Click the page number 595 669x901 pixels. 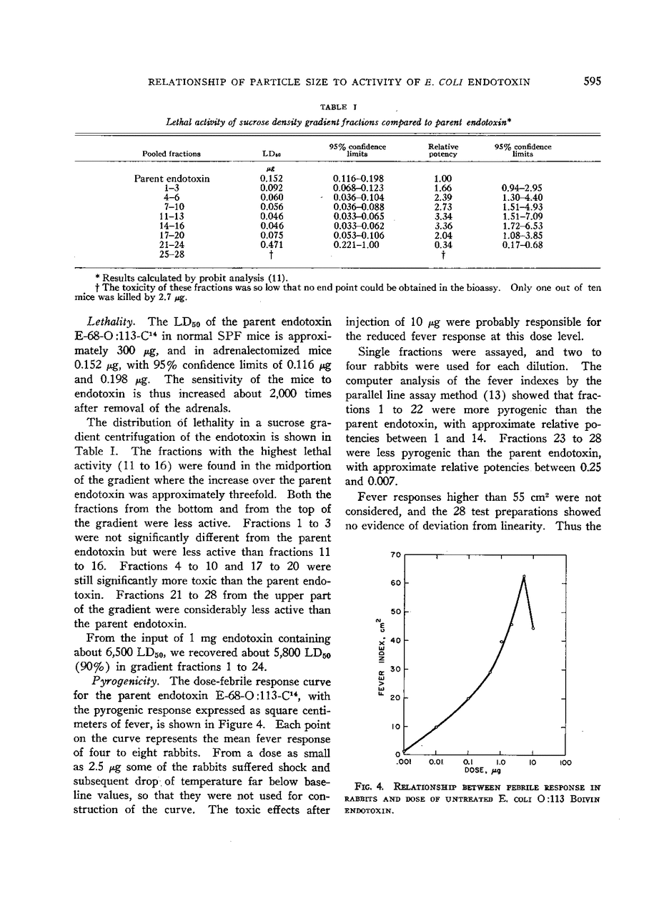pyautogui.click(x=591, y=81)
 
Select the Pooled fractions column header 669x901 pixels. pyautogui.click(x=172, y=154)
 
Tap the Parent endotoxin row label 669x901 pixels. pyautogui.click(x=172, y=179)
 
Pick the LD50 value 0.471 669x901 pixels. pyautogui.click(x=269, y=244)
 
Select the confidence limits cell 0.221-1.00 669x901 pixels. pyautogui.click(x=356, y=244)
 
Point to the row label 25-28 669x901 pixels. pyautogui.click(x=172, y=254)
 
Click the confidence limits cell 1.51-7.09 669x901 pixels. pyautogui.click(x=523, y=216)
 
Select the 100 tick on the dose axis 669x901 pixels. pyautogui.click(x=565, y=762)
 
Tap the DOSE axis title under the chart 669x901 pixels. pyautogui.click(x=485, y=771)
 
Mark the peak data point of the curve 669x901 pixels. pyautogui.click(x=524, y=576)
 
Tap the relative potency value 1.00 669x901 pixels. pyautogui.click(x=443, y=179)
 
